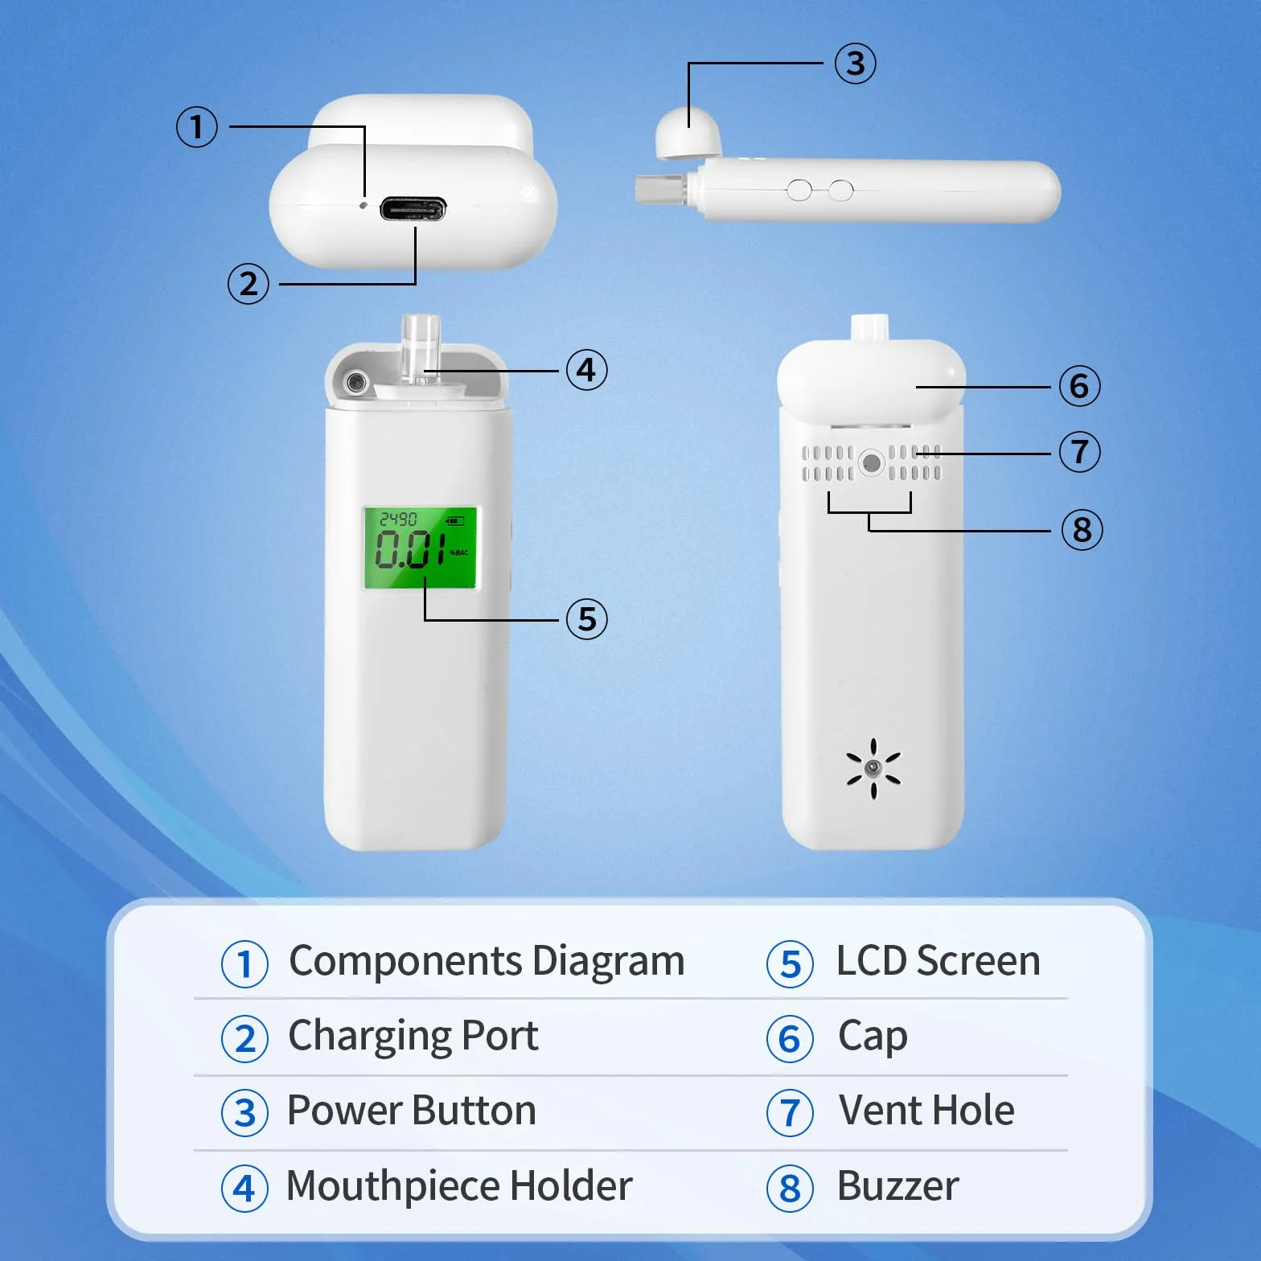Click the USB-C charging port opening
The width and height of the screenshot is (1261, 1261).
tap(413, 210)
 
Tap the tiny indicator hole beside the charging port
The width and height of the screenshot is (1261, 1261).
tap(364, 205)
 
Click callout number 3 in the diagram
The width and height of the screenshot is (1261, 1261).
tap(855, 64)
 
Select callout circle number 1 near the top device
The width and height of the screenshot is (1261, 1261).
tap(197, 127)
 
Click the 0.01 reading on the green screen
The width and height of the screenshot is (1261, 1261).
tap(410, 549)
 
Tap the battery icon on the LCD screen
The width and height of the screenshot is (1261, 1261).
tap(455, 520)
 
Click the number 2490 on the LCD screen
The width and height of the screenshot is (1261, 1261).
tap(398, 519)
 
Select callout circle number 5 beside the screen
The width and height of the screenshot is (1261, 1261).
tap(587, 619)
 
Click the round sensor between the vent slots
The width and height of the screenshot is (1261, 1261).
tap(872, 462)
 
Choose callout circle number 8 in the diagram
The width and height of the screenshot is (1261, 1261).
tap(1082, 530)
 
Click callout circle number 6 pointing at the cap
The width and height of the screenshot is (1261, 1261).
tap(1079, 386)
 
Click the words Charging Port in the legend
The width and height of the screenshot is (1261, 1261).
tap(413, 1036)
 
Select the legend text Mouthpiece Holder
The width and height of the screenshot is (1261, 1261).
tap(459, 1186)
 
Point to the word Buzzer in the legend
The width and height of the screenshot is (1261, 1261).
tap(898, 1186)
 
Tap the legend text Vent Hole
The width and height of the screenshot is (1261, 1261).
tap(926, 1111)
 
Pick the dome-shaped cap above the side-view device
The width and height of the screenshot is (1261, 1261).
tap(688, 131)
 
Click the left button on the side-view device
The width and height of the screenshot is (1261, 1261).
tap(799, 191)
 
